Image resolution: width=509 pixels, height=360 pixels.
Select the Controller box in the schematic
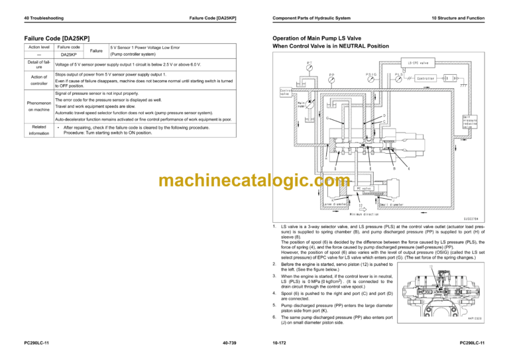[x=425, y=78]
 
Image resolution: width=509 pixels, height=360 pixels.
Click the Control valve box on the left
[x=286, y=91]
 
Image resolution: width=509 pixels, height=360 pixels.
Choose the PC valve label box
[x=363, y=188]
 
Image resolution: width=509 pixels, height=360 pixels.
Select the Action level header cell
[x=38, y=47]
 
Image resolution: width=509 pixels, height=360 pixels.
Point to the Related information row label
[x=38, y=130]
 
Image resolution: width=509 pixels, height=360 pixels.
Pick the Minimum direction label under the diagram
[x=359, y=213]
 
